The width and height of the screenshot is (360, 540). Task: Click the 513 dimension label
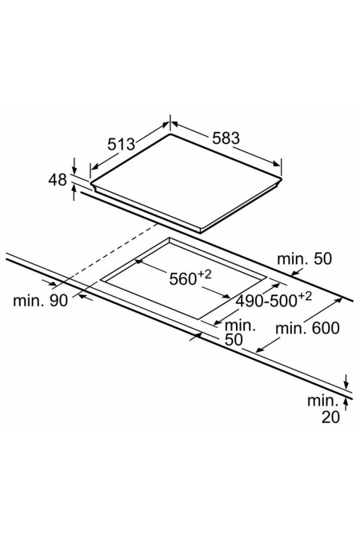click(x=122, y=144)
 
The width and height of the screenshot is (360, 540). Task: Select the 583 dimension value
click(x=226, y=138)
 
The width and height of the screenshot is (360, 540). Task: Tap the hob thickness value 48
click(x=58, y=180)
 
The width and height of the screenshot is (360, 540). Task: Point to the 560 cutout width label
click(x=182, y=279)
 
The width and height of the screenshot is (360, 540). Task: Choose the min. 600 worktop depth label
click(x=307, y=328)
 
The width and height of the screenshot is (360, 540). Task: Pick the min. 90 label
click(x=40, y=301)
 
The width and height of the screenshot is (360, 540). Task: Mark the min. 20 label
click(x=323, y=409)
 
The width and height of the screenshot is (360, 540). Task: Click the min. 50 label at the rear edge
click(x=305, y=259)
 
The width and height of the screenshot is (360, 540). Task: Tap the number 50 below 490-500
click(x=234, y=340)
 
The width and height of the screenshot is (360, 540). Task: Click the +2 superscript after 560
click(x=204, y=274)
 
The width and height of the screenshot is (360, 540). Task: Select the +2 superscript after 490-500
click(x=305, y=297)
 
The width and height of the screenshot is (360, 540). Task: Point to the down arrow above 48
click(x=74, y=166)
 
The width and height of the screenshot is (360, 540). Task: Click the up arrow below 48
click(x=74, y=192)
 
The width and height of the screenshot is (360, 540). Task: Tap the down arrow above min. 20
click(x=346, y=382)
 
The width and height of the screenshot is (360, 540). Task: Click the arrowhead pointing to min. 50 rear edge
click(x=294, y=274)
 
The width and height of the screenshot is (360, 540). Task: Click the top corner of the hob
click(x=170, y=134)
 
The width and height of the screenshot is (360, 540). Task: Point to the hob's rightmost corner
click(x=282, y=178)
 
